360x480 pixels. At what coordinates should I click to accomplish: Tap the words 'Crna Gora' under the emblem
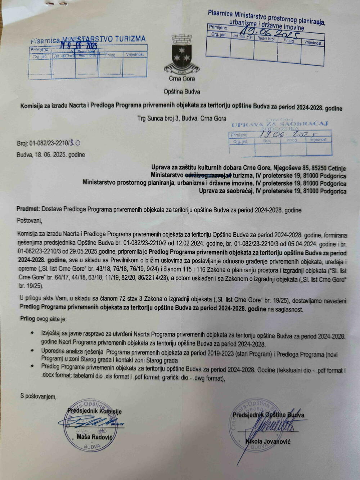[182, 79]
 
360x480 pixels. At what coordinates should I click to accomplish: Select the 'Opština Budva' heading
[182, 92]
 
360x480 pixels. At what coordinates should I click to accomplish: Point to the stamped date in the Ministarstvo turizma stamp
[79, 46]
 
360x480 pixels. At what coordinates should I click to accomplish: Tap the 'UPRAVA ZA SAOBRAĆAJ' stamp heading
[280, 124]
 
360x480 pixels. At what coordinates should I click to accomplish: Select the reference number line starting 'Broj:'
[48, 143]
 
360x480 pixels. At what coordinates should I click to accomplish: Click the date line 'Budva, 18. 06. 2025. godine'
[51, 155]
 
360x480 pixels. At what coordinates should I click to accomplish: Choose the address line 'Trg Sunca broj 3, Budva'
[181, 118]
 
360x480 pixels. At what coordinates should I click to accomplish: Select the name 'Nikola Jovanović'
[268, 441]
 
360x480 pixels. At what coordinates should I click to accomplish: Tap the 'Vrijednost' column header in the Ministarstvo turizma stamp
[135, 55]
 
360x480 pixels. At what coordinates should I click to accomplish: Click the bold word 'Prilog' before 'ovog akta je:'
[28, 319]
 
